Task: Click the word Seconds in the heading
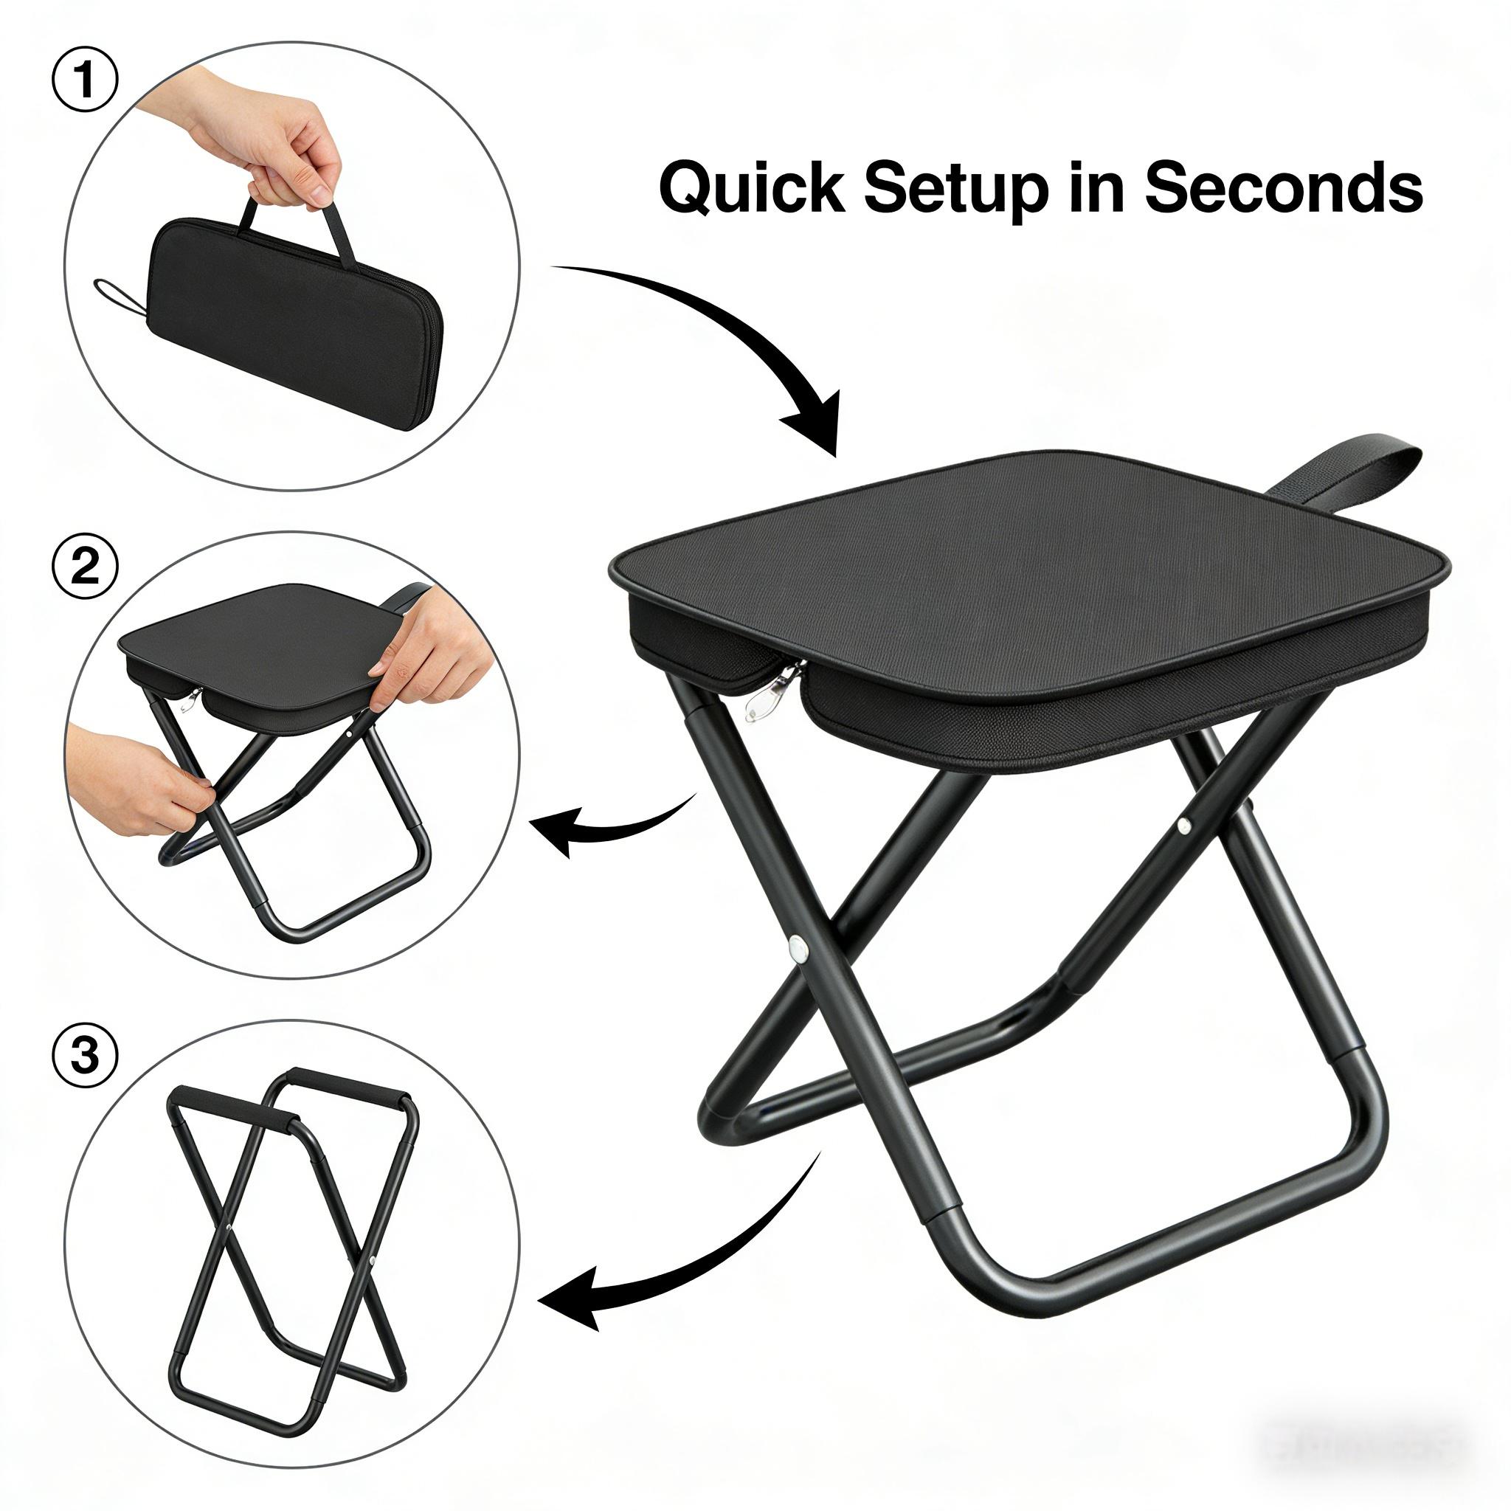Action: (x=1282, y=188)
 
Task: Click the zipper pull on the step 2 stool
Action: (x=190, y=699)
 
